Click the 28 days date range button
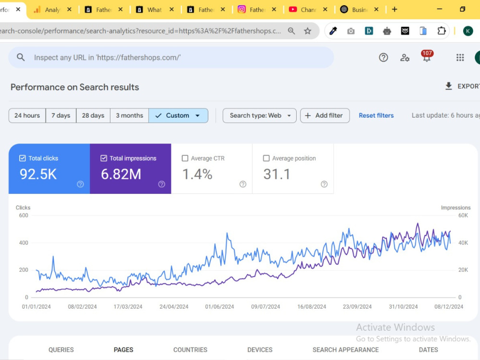click(93, 115)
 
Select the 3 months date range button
click(130, 115)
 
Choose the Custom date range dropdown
click(178, 115)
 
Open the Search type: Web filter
click(259, 115)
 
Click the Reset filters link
click(376, 115)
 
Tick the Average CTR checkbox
click(185, 158)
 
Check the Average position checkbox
click(266, 158)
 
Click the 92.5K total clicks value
click(38, 174)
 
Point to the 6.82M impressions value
click(121, 174)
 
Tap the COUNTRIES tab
click(191, 349)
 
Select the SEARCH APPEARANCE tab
click(346, 349)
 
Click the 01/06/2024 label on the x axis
click(219, 306)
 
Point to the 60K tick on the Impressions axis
click(463, 215)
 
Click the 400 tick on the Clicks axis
click(24, 243)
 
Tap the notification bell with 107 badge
click(427, 56)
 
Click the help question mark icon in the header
click(383, 58)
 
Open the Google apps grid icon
click(460, 58)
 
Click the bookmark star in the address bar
click(308, 31)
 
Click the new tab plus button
click(395, 10)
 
